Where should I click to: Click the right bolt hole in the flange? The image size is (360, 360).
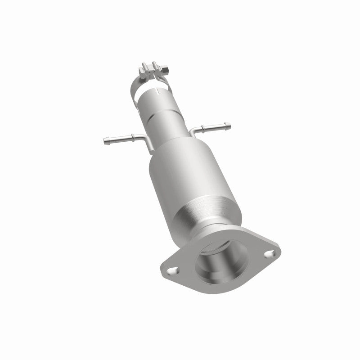pos(269,254)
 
